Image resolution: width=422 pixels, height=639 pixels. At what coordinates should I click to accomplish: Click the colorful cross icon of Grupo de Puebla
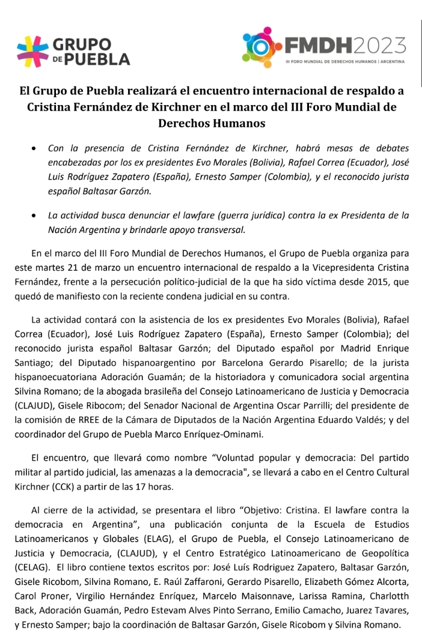(32, 50)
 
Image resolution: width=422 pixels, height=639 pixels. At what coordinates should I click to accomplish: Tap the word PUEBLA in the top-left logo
(97, 59)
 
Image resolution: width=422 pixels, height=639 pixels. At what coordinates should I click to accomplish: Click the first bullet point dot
(37, 148)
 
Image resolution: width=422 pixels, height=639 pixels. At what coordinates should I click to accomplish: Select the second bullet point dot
(37, 215)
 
